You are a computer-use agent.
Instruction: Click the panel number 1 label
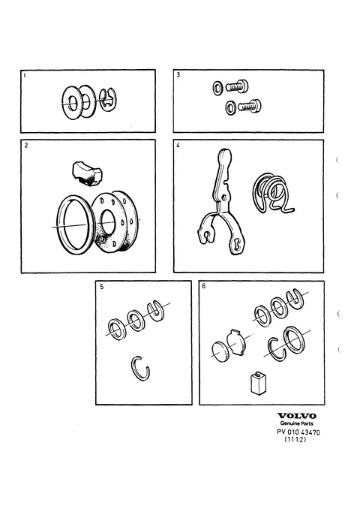[x=25, y=76]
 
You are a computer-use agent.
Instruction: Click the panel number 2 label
[x=26, y=145]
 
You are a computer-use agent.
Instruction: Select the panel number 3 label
[x=178, y=75]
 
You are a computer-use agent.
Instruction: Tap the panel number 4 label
[x=178, y=145]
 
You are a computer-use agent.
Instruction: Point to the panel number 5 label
[x=102, y=287]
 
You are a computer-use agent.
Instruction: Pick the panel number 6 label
[x=204, y=286]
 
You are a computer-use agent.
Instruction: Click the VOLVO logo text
[x=297, y=416]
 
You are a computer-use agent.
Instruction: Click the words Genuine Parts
[x=296, y=423]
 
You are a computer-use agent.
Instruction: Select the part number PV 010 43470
[x=298, y=432]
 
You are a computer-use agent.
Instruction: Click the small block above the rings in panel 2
[x=86, y=174]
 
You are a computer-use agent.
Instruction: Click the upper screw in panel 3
[x=237, y=86]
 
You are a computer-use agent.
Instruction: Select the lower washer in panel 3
[x=230, y=108]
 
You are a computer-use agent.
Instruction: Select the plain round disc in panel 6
[x=220, y=351]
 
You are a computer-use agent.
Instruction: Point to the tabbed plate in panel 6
[x=236, y=342]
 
